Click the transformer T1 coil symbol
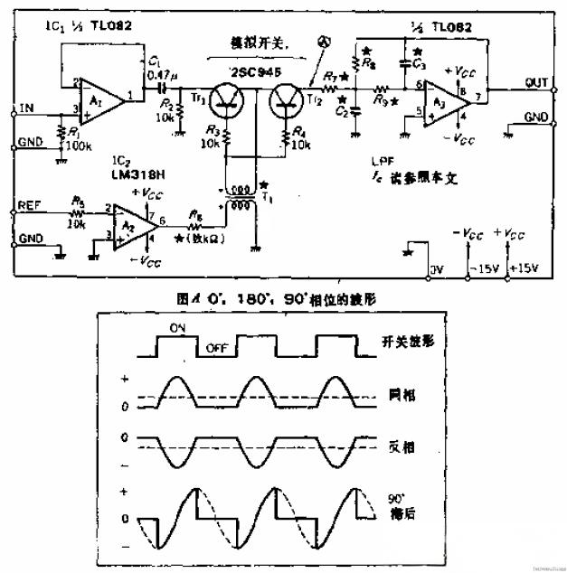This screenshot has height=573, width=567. coord(239,198)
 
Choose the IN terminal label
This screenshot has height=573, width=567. coord(27,108)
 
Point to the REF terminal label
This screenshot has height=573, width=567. coord(30,206)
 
